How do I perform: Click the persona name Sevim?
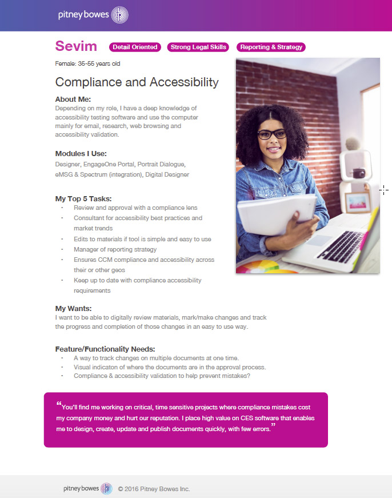tap(76, 46)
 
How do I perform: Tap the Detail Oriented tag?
tap(135, 47)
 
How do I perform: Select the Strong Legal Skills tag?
tap(198, 47)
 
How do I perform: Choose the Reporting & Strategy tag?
tap(271, 47)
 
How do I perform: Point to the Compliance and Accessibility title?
tap(137, 82)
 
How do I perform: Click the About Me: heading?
tap(73, 99)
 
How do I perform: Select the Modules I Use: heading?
tap(81, 153)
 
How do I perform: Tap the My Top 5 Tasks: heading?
tap(83, 198)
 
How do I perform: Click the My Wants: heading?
tap(73, 309)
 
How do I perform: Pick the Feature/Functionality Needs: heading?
tap(105, 349)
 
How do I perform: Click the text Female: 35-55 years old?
tap(87, 63)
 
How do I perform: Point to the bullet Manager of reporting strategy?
tap(115, 249)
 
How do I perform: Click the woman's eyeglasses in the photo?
tap(272, 135)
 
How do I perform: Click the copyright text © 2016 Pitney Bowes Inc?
tap(153, 489)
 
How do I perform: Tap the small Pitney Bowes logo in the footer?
tap(106, 488)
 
